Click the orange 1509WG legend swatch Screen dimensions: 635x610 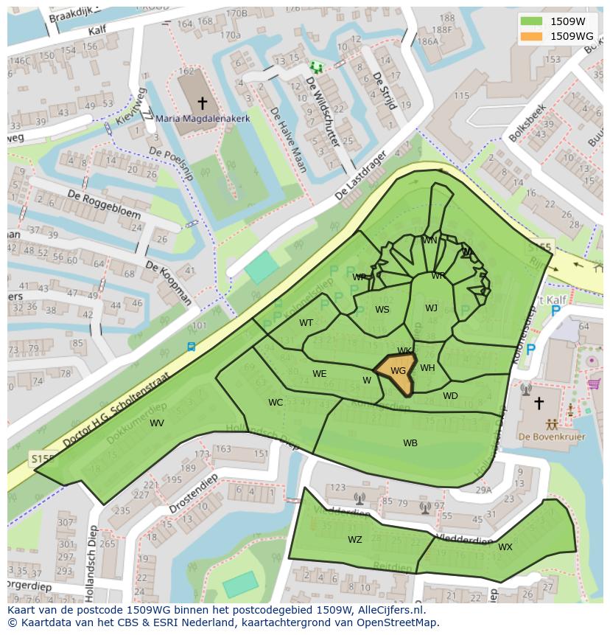531,36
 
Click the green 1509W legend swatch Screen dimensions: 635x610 531,21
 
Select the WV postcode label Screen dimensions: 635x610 157,423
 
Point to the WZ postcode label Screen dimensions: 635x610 355,540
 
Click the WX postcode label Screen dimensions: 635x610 505,547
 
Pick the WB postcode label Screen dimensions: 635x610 410,443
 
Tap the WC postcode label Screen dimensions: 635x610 276,403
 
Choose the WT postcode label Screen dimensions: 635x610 306,322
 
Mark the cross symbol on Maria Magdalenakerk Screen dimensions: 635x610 202,103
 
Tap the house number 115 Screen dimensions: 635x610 462,96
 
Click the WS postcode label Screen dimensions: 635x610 382,310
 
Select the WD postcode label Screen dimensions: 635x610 450,396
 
